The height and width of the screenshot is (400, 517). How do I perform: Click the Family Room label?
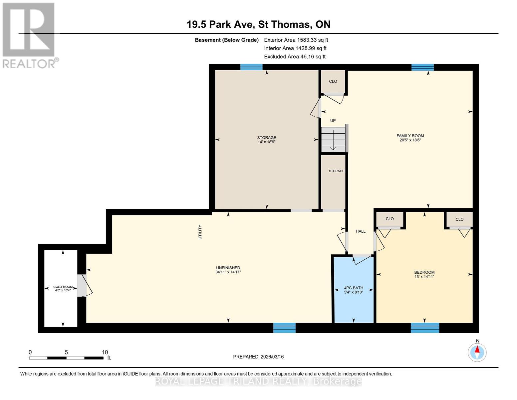click(410, 136)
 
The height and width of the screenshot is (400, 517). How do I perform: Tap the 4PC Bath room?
click(354, 289)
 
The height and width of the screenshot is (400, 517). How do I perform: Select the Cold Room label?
click(63, 287)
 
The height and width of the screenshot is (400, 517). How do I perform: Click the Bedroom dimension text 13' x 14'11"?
click(424, 277)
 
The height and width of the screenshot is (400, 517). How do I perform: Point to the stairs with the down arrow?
click(333, 139)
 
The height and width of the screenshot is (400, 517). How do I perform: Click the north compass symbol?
click(477, 352)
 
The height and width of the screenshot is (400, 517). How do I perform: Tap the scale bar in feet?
click(66, 358)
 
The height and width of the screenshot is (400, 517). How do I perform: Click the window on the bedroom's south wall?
click(425, 328)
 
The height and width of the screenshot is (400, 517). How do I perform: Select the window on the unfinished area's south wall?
click(284, 328)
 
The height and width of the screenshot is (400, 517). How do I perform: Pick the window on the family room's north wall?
click(422, 67)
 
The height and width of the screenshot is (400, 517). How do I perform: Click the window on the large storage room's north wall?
click(251, 67)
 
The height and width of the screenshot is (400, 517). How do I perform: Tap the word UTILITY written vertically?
click(200, 232)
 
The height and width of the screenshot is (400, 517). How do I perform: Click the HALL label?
click(361, 231)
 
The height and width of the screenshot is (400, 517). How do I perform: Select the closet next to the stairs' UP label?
click(333, 82)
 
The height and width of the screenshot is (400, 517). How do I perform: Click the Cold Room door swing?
click(86, 286)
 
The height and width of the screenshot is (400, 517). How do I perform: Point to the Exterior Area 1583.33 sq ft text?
click(296, 40)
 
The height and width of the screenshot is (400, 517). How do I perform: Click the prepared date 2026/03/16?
click(258, 357)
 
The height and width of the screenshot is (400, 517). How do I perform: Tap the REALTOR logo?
click(29, 35)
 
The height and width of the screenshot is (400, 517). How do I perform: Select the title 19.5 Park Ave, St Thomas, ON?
click(258, 24)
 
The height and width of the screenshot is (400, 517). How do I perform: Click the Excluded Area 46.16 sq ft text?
click(295, 57)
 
